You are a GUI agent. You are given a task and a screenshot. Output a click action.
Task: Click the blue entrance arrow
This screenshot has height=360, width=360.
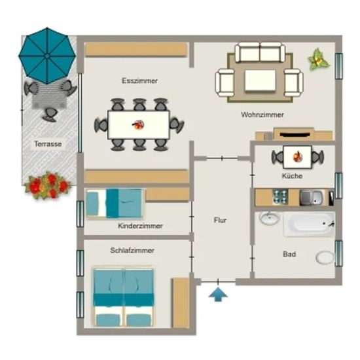pyautogui.click(x=218, y=295)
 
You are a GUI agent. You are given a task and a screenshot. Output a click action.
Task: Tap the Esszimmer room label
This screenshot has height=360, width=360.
pyautogui.click(x=139, y=81)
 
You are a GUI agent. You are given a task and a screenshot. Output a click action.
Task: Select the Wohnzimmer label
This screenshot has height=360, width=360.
pyautogui.click(x=262, y=115)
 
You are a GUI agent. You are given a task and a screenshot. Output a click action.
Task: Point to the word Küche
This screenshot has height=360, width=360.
pyautogui.click(x=292, y=176)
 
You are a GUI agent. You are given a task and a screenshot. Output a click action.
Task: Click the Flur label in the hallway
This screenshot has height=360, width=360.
pyautogui.click(x=220, y=220)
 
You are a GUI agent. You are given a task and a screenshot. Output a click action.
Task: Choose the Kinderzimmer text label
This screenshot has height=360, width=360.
pyautogui.click(x=140, y=226)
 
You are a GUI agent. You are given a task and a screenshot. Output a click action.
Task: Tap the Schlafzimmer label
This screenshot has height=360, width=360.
pyautogui.click(x=132, y=250)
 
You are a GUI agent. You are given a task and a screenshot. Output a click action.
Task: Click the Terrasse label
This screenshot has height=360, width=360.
pyautogui.click(x=48, y=144)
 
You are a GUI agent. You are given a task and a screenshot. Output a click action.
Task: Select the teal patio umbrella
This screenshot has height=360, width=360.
pyautogui.click(x=47, y=56)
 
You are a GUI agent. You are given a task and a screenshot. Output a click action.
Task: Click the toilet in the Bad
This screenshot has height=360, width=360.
pyautogui.click(x=325, y=258)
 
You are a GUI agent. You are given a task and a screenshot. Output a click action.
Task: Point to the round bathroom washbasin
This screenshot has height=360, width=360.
pyautogui.click(x=270, y=218)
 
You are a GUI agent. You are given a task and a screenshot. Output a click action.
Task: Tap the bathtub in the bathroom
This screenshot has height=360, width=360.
pyautogui.click(x=309, y=224)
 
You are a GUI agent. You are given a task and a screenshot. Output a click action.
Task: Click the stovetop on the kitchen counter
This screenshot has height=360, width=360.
pyautogui.click(x=280, y=197)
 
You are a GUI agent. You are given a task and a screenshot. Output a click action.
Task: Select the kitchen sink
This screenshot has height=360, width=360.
pyautogui.click(x=312, y=198)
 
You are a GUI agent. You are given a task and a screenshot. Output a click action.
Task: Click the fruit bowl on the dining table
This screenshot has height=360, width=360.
pyautogui.click(x=138, y=124)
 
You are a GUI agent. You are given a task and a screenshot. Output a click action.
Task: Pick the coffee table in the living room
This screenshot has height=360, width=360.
pyautogui.click(x=260, y=81)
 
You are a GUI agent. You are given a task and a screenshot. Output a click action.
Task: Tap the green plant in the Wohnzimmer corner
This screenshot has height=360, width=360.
pyautogui.click(x=319, y=59)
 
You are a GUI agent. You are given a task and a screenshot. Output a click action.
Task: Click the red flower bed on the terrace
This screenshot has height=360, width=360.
pyautogui.click(x=48, y=185)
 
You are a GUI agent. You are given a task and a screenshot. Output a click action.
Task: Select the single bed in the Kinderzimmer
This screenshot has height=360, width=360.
pyautogui.click(x=115, y=204)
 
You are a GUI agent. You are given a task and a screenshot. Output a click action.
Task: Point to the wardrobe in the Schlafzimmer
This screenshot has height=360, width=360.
pyautogui.click(x=181, y=303)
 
